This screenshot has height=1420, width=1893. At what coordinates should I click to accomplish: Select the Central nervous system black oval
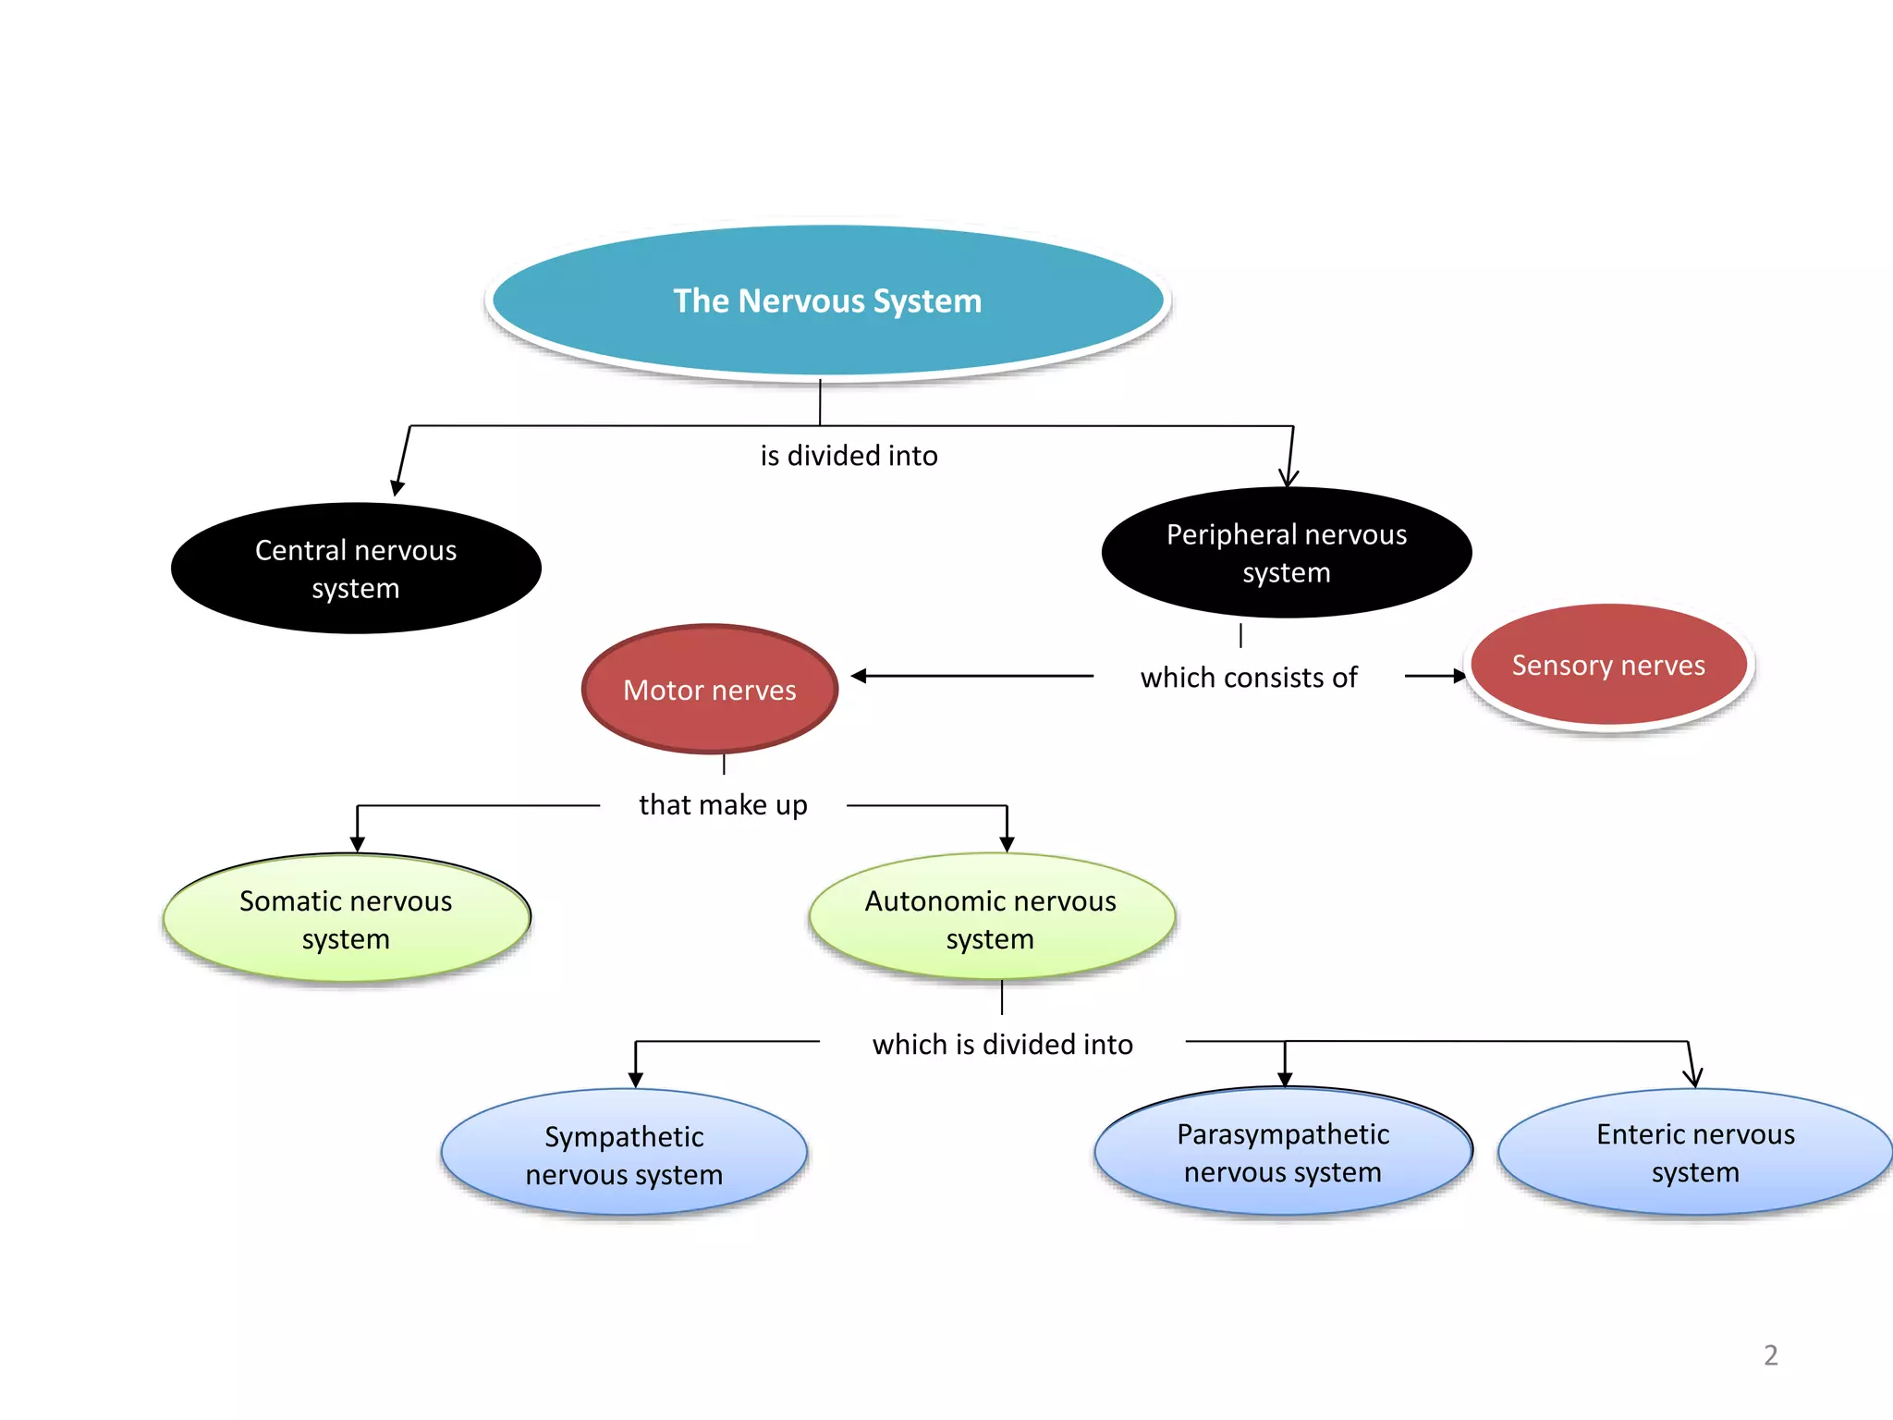coord(356,569)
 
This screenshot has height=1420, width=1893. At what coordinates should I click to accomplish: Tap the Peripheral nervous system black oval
coord(1287,553)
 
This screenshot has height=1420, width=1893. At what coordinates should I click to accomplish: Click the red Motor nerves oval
coord(710,690)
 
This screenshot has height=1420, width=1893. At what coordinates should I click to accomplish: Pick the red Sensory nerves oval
coord(1608,665)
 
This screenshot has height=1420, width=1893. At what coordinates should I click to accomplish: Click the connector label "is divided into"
coord(849,456)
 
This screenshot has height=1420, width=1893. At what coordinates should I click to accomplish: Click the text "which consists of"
coord(1249,678)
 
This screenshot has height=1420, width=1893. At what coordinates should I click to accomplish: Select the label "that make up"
coord(723,805)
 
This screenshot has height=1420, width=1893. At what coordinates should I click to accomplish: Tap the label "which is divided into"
coord(1002,1045)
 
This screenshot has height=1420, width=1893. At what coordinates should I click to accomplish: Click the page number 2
coord(1770,1355)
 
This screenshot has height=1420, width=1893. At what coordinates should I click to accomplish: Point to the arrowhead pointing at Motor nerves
coord(858,676)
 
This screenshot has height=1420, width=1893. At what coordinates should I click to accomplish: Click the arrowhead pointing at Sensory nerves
coord(1459,676)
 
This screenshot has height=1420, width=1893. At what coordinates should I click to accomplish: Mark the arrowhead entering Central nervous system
coord(397,488)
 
